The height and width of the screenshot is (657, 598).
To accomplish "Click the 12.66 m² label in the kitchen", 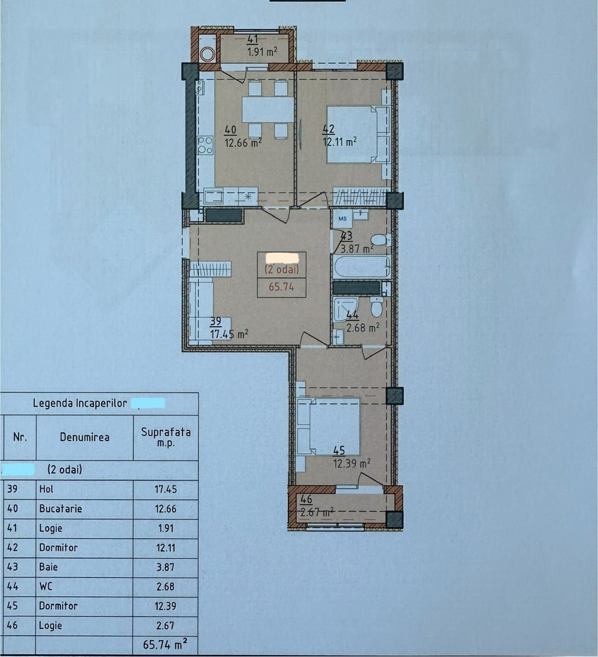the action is (243, 142).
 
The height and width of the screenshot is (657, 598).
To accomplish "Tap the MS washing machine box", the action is (342, 219).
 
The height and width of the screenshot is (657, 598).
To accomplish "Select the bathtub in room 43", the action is (362, 267).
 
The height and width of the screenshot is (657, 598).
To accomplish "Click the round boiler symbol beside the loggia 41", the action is (207, 54).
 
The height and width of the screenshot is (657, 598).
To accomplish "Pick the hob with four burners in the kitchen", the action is (205, 146).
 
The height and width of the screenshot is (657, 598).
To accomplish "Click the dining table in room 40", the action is (268, 109).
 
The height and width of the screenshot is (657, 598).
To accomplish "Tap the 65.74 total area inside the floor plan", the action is (281, 287).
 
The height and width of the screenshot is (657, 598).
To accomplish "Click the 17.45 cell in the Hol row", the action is (165, 489).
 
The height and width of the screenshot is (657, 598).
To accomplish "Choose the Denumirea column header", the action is (84, 437).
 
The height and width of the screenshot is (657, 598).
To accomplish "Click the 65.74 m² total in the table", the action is (165, 645).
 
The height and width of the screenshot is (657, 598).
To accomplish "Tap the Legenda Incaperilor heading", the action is (79, 403).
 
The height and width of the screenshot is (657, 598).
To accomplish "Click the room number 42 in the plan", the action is (329, 129).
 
